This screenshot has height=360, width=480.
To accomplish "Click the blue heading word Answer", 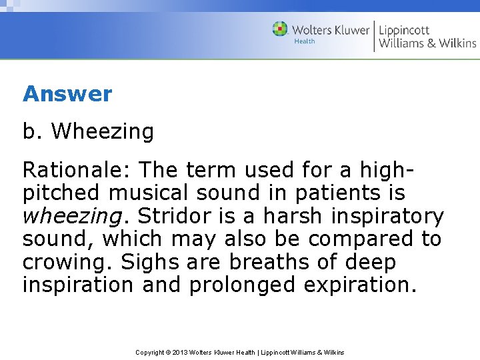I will click(67, 94).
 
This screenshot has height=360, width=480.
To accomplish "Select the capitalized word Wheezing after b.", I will click(102, 132).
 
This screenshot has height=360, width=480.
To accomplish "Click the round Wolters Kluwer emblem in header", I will click(280, 29).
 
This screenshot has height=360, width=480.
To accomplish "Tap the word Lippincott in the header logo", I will click(404, 29).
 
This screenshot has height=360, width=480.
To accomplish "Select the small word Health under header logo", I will click(304, 41).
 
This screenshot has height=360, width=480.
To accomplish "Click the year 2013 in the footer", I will click(181, 352).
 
